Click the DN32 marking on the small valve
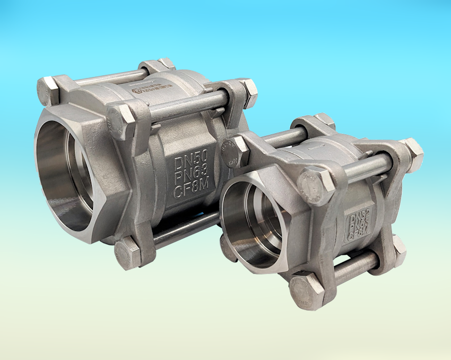357,217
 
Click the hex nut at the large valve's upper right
247,91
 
